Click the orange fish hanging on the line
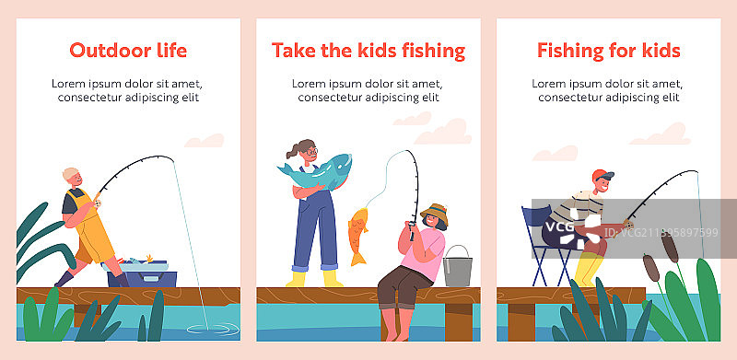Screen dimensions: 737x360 pyautogui.click(x=358, y=235)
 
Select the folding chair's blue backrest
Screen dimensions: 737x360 pyautogui.click(x=536, y=217)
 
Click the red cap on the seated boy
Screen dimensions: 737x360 pyautogui.click(x=602, y=175)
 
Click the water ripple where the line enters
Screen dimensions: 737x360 pyautogui.click(x=213, y=329)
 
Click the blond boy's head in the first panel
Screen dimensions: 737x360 pyautogui.click(x=73, y=179)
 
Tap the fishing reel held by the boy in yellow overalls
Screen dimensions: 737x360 pyautogui.click(x=98, y=203)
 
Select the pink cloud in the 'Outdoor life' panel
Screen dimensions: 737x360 pyautogui.click(x=205, y=141)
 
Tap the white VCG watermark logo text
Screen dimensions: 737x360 pyautogui.click(x=559, y=227)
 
